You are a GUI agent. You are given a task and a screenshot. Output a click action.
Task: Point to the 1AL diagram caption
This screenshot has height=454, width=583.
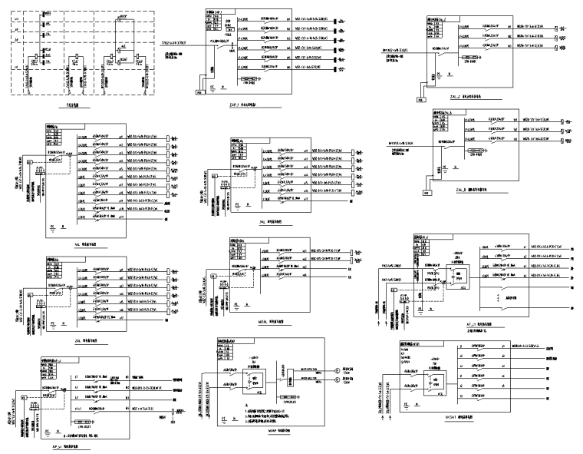pyautogui.click(x=77, y=240)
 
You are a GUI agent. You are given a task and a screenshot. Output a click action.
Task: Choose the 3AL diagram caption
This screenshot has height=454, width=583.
pyautogui.click(x=77, y=336)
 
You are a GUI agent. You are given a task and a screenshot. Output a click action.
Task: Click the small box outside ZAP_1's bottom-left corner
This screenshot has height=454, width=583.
pyautogui.click(x=201, y=92)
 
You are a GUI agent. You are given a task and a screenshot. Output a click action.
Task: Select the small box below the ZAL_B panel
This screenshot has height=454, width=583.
pyautogui.click(x=426, y=194)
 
